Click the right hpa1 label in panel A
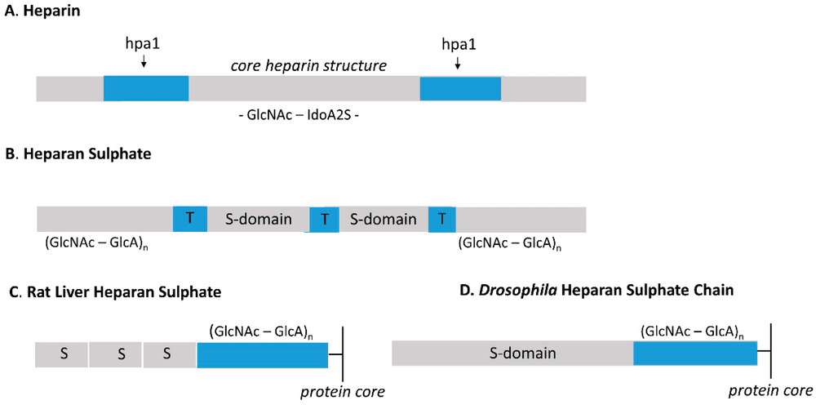click(x=458, y=41)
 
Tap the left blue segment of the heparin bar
click(x=146, y=89)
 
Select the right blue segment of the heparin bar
click(x=460, y=89)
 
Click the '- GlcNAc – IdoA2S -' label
click(x=299, y=114)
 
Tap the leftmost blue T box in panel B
click(x=189, y=219)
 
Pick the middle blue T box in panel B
click(x=324, y=220)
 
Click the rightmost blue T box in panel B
click(x=441, y=219)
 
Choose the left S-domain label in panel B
click(x=258, y=219)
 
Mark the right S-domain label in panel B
click(x=383, y=219)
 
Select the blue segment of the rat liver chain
click(x=262, y=354)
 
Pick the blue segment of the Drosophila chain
click(x=695, y=354)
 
